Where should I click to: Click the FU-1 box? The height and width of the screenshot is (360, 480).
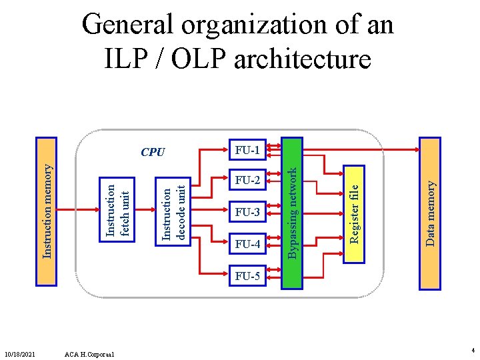click(247, 150)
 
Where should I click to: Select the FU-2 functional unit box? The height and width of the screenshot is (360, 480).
click(247, 180)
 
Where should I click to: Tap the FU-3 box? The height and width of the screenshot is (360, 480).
click(247, 213)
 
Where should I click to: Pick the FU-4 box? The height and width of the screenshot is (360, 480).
click(247, 245)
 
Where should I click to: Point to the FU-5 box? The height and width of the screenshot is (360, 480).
click(247, 276)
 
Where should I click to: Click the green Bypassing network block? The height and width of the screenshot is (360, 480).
click(291, 213)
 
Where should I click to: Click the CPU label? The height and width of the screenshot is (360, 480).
click(153, 152)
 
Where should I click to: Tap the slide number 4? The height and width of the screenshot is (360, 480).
click(472, 350)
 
